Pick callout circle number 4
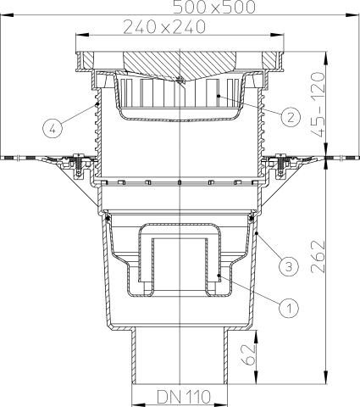(x=53, y=129)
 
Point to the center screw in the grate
(x=180, y=81)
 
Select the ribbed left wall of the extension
(x=96, y=136)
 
